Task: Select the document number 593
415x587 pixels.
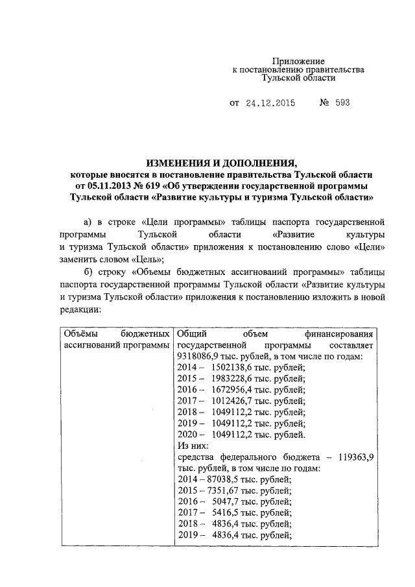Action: [342, 103]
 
